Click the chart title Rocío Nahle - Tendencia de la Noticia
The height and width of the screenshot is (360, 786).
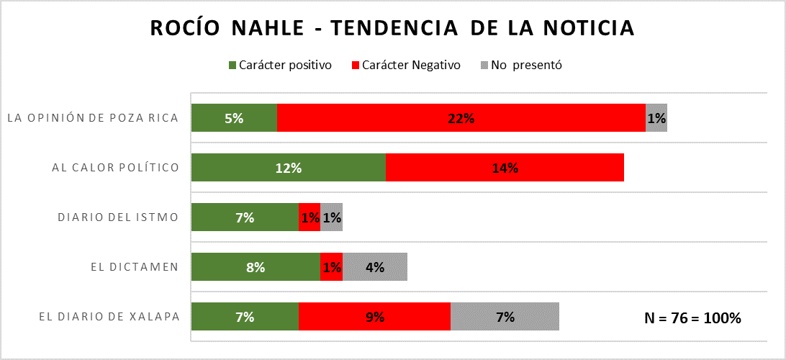tap(392, 28)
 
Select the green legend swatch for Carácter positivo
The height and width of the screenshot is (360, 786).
tap(232, 66)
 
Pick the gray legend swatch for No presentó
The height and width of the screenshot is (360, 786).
tap(484, 66)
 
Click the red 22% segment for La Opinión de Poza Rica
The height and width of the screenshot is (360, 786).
tap(461, 118)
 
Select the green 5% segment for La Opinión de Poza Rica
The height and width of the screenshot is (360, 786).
tap(234, 118)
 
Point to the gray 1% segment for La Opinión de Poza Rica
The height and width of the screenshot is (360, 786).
tap(656, 118)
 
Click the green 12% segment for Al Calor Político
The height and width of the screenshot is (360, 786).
tap(288, 168)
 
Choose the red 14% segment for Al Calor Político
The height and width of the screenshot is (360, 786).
tap(505, 168)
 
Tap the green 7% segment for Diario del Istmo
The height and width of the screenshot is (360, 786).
tap(245, 217)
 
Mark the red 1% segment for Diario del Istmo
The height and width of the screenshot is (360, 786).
tap(310, 217)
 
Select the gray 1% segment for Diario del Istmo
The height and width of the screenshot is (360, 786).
tap(332, 217)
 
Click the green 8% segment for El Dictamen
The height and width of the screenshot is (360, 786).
tap(256, 267)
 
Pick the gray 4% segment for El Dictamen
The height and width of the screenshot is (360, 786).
tap(375, 267)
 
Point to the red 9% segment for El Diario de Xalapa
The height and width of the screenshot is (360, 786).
tap(374, 317)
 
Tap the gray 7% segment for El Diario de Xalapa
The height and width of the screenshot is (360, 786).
tap(505, 317)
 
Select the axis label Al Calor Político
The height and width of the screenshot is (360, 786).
tap(115, 168)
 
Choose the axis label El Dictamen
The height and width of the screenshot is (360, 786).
tap(135, 267)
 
